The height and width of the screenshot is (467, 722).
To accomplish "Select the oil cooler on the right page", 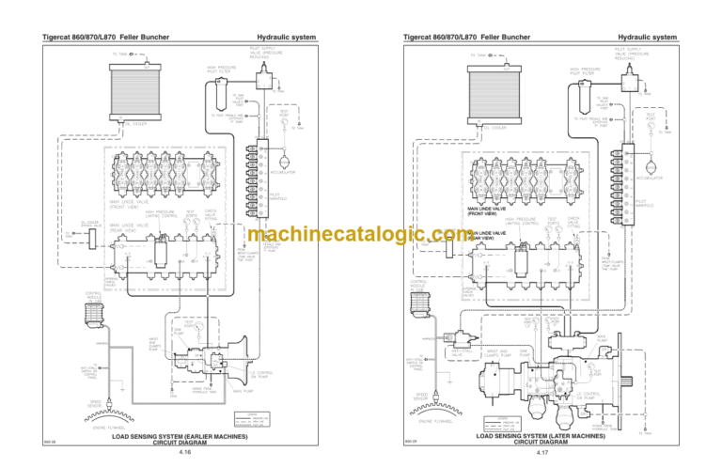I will pos(495,92).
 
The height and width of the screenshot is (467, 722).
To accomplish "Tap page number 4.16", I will pos(184,453).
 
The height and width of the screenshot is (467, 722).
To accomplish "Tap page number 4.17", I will pos(542,453).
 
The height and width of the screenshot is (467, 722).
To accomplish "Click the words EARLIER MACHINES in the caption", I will pos(204,436).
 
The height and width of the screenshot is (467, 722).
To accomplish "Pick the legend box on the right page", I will pos(511,426).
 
